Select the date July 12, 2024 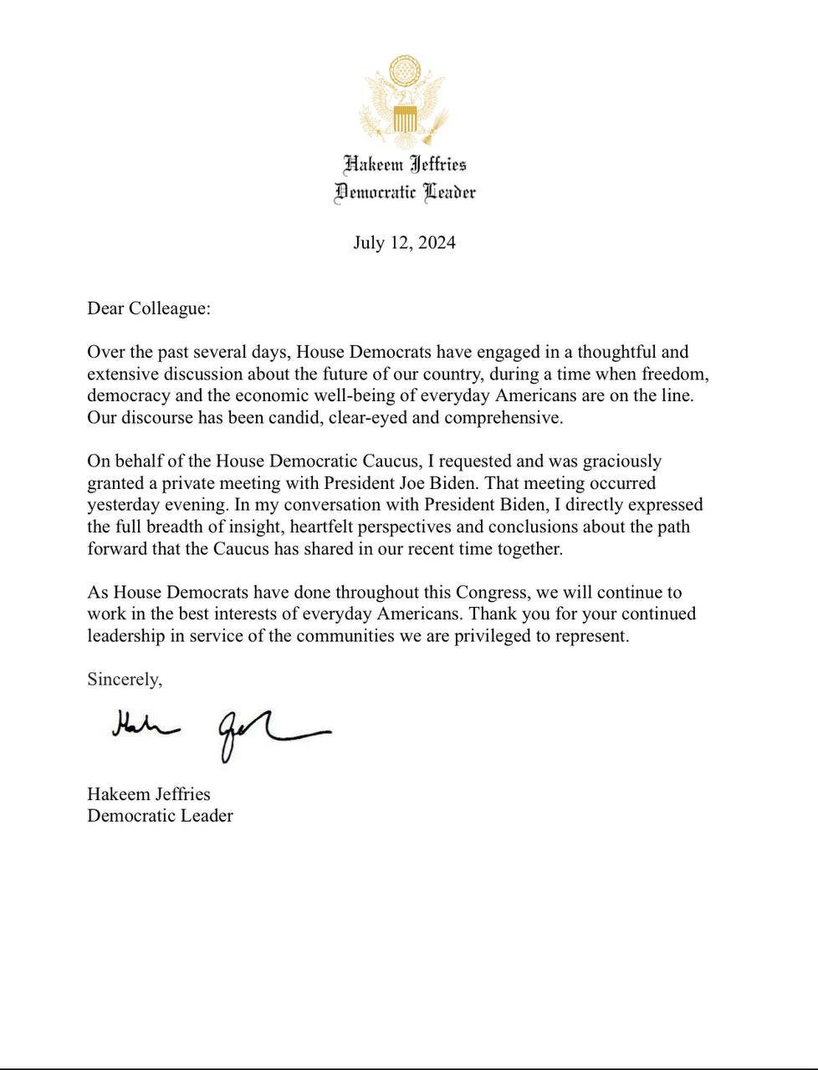coord(404,243)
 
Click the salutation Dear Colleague coord(148,308)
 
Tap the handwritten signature coord(221,731)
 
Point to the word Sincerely coord(124,680)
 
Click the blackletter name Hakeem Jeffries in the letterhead coord(405,164)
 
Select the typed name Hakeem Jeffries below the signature coord(148,794)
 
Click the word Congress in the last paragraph coord(492,593)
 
